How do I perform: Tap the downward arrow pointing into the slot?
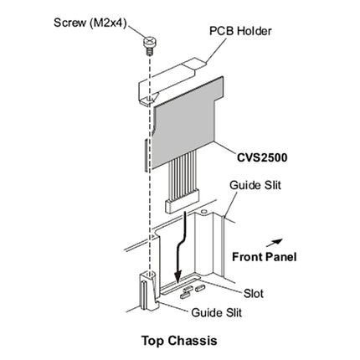[x=177, y=251]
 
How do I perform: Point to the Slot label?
[x=254, y=295]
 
